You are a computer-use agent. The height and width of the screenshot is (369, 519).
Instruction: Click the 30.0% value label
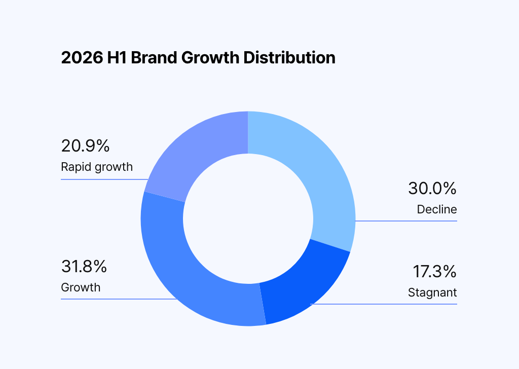pyautogui.click(x=432, y=189)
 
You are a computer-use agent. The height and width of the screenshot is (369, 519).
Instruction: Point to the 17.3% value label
pyautogui.click(x=434, y=271)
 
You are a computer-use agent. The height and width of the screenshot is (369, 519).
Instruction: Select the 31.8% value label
pyautogui.click(x=84, y=267)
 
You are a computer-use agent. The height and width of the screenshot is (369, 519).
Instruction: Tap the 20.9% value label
pyautogui.click(x=85, y=146)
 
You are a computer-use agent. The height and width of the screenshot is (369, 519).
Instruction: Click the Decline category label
pyautogui.click(x=437, y=209)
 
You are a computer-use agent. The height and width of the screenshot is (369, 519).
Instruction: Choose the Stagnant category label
pyautogui.click(x=432, y=292)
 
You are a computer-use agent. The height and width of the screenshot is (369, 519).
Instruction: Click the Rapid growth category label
pyautogui.click(x=97, y=167)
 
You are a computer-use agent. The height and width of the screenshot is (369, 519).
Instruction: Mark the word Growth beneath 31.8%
pyautogui.click(x=81, y=287)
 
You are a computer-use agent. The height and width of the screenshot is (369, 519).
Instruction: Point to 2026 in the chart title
pyautogui.click(x=82, y=58)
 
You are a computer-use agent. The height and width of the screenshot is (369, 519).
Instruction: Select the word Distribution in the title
pyautogui.click(x=289, y=58)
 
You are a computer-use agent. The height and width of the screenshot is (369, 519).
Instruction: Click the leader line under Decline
pyautogui.click(x=406, y=220)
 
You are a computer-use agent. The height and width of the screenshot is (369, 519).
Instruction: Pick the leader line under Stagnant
pyautogui.click(x=384, y=304)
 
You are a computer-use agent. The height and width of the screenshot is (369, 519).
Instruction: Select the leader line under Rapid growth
pyautogui.click(x=104, y=179)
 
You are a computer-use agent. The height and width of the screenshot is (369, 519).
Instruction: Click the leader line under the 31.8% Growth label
pyautogui.click(x=119, y=299)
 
